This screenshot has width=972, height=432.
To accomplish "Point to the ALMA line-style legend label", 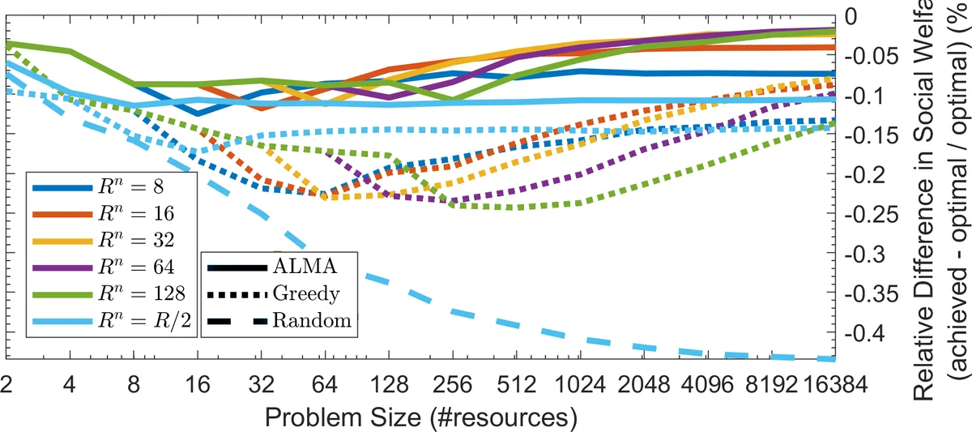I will pos(301,264).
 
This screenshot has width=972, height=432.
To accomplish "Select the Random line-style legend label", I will pos(311,320).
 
